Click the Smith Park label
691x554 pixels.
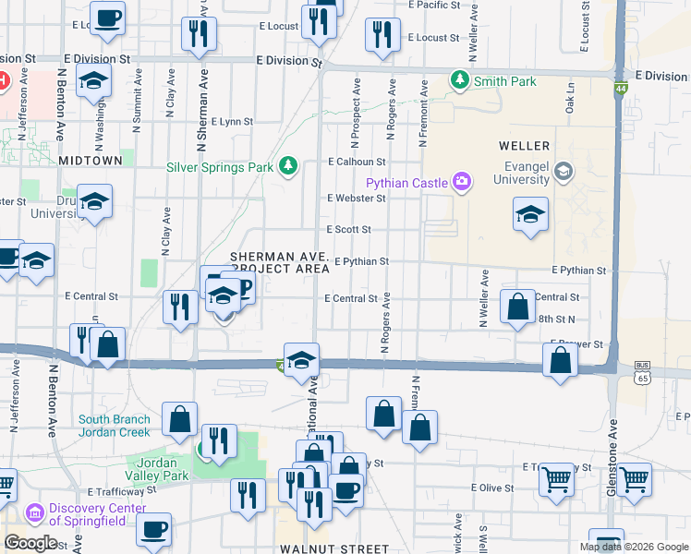(x=505, y=81)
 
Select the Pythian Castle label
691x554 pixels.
(x=407, y=183)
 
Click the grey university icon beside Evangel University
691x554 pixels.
(x=564, y=172)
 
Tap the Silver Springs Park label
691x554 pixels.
(x=220, y=167)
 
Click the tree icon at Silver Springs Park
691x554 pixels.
(x=288, y=166)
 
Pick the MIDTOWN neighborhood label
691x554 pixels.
(x=90, y=160)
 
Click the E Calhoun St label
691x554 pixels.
(x=356, y=162)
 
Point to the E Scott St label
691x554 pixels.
(x=349, y=229)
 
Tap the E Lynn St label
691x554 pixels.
(x=232, y=121)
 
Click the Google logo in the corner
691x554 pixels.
(x=30, y=542)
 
